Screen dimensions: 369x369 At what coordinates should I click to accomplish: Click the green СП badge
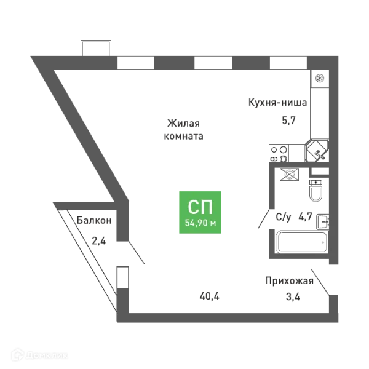[200, 212]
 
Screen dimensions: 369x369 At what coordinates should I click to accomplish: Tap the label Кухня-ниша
[278, 103]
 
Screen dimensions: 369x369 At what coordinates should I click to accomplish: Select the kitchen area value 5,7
[288, 121]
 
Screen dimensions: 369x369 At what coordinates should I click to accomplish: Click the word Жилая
[183, 124]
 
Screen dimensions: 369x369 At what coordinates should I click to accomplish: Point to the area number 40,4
[209, 296]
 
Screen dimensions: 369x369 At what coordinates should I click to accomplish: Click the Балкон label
[94, 221]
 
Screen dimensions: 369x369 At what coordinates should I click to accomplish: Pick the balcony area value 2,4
[99, 241]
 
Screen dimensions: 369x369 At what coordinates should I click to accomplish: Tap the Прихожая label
[289, 281]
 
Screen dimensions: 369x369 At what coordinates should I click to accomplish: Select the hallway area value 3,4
[293, 297]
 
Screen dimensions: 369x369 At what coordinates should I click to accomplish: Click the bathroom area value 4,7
[305, 216]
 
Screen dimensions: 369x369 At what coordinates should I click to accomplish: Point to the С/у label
[283, 216]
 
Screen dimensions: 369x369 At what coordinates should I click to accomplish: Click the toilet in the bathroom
[315, 191]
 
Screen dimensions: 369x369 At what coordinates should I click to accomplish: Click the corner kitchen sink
[317, 151]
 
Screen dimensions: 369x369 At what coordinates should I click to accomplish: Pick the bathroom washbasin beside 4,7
[323, 221]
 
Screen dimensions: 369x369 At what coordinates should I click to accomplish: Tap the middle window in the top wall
[213, 63]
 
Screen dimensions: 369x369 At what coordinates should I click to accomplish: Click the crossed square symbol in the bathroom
[289, 175]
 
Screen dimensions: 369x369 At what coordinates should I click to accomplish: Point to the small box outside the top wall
[96, 48]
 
